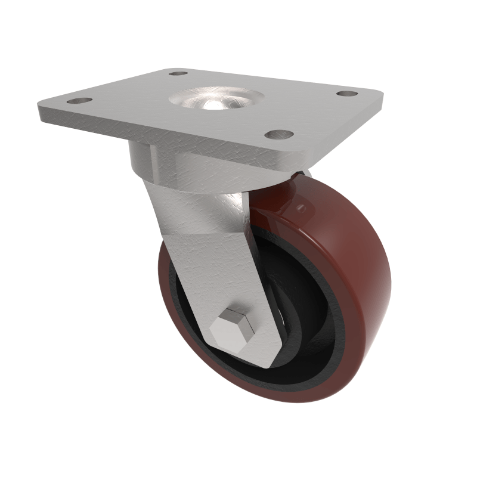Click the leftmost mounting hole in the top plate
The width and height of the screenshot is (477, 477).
[79, 101]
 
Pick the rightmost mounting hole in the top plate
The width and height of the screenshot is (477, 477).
[346, 94]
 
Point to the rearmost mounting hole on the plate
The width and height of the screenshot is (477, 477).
[178, 73]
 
